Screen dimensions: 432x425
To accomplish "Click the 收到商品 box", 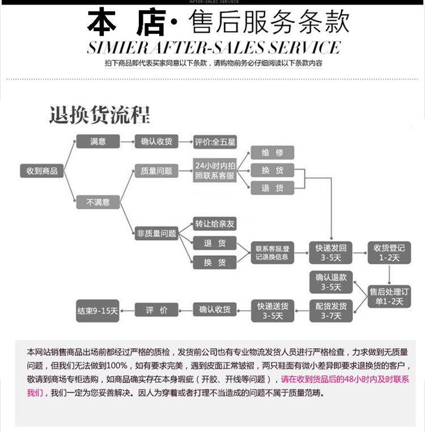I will coord(42,170).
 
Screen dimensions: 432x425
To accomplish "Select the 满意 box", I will coord(97,142).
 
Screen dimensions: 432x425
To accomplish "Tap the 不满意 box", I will coord(97,201).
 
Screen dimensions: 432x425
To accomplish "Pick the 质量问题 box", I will coord(156,170).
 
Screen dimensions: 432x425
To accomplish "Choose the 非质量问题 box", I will coord(156,233).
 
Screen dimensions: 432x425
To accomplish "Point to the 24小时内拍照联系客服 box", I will coord(214,170).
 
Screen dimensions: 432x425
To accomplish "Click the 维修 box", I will coord(272,152).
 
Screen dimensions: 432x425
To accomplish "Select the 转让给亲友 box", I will coord(214,224).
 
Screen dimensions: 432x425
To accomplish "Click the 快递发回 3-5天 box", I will coord(330,253).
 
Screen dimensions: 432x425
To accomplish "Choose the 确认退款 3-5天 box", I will coord(330,282).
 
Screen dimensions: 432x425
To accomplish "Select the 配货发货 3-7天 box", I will coord(330,311).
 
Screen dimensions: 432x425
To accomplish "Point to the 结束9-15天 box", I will coord(97,310).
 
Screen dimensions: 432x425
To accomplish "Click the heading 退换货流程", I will coord(100,115).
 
